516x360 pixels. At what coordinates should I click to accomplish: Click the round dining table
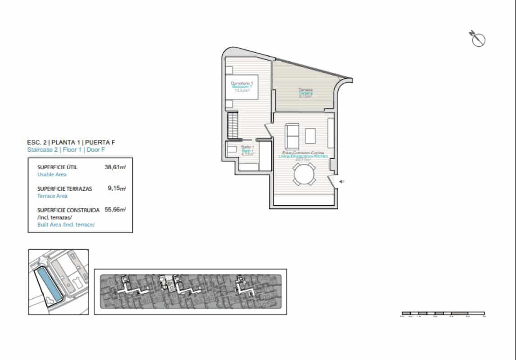[x=304, y=174]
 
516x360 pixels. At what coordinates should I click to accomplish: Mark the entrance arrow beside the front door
[x=342, y=182]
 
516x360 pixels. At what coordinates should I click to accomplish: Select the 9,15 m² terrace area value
[x=116, y=189]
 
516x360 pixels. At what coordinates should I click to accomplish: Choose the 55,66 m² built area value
[x=115, y=210]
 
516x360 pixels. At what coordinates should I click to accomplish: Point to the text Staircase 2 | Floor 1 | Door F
[x=68, y=150]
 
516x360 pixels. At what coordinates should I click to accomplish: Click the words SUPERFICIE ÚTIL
[x=57, y=167]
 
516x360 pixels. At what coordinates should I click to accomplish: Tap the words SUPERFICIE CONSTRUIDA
[x=68, y=210]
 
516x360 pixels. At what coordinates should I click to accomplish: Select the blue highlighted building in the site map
[x=48, y=284]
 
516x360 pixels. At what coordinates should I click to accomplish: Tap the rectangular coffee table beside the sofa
[x=311, y=135]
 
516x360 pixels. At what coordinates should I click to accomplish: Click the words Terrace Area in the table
[x=52, y=196]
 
